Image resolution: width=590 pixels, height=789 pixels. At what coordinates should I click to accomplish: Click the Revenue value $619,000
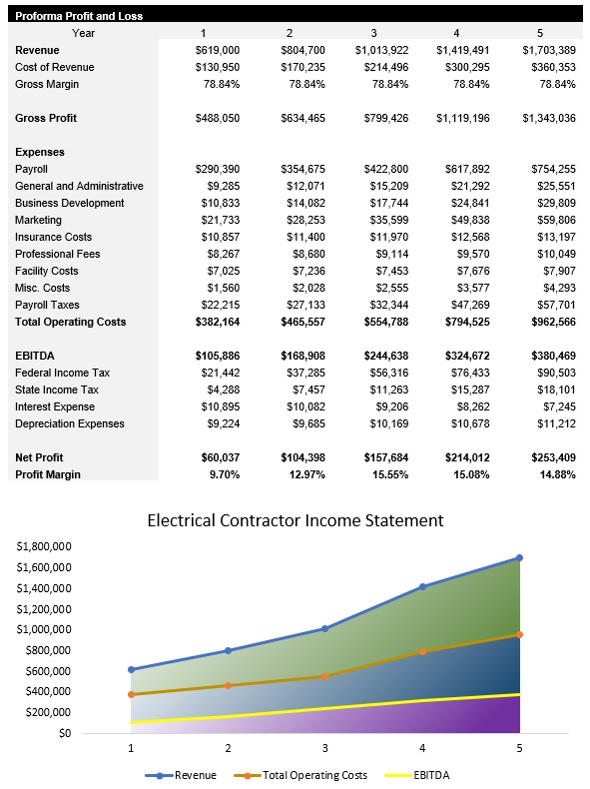[218, 50]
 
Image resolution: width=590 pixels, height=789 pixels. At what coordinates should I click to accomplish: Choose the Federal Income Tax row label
[62, 373]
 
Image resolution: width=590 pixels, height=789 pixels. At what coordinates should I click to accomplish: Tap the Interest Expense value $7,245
[555, 406]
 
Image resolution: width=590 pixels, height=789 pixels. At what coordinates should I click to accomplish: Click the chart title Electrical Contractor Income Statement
[295, 520]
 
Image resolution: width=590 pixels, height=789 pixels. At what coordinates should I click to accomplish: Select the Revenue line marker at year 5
[519, 558]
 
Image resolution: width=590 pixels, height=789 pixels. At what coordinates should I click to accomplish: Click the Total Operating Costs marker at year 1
[131, 694]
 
